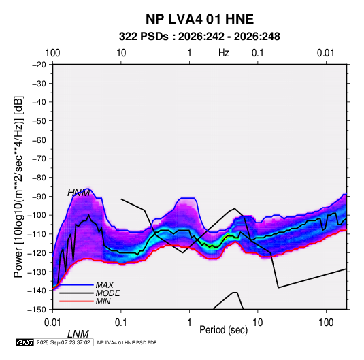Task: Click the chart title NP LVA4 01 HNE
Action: [199, 19]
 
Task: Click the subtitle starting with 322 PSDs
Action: [199, 37]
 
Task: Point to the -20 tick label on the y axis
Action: [39, 65]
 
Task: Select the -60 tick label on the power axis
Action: [39, 140]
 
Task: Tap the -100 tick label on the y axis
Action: [37, 215]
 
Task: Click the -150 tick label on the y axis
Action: [37, 310]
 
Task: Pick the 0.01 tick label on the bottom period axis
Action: [52, 323]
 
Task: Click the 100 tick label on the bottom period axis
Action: [326, 323]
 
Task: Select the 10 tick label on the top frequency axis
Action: [121, 53]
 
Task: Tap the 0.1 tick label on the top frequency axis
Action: [258, 53]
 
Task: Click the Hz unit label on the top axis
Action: [224, 53]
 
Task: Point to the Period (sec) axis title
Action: [224, 330]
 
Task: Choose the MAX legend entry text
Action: [105, 284]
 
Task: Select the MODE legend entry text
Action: [107, 293]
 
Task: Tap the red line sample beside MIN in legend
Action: [76, 301]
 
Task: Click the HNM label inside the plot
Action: [78, 193]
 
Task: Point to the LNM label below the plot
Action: [78, 334]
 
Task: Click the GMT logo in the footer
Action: [25, 342]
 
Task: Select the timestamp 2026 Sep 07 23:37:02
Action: [63, 342]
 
